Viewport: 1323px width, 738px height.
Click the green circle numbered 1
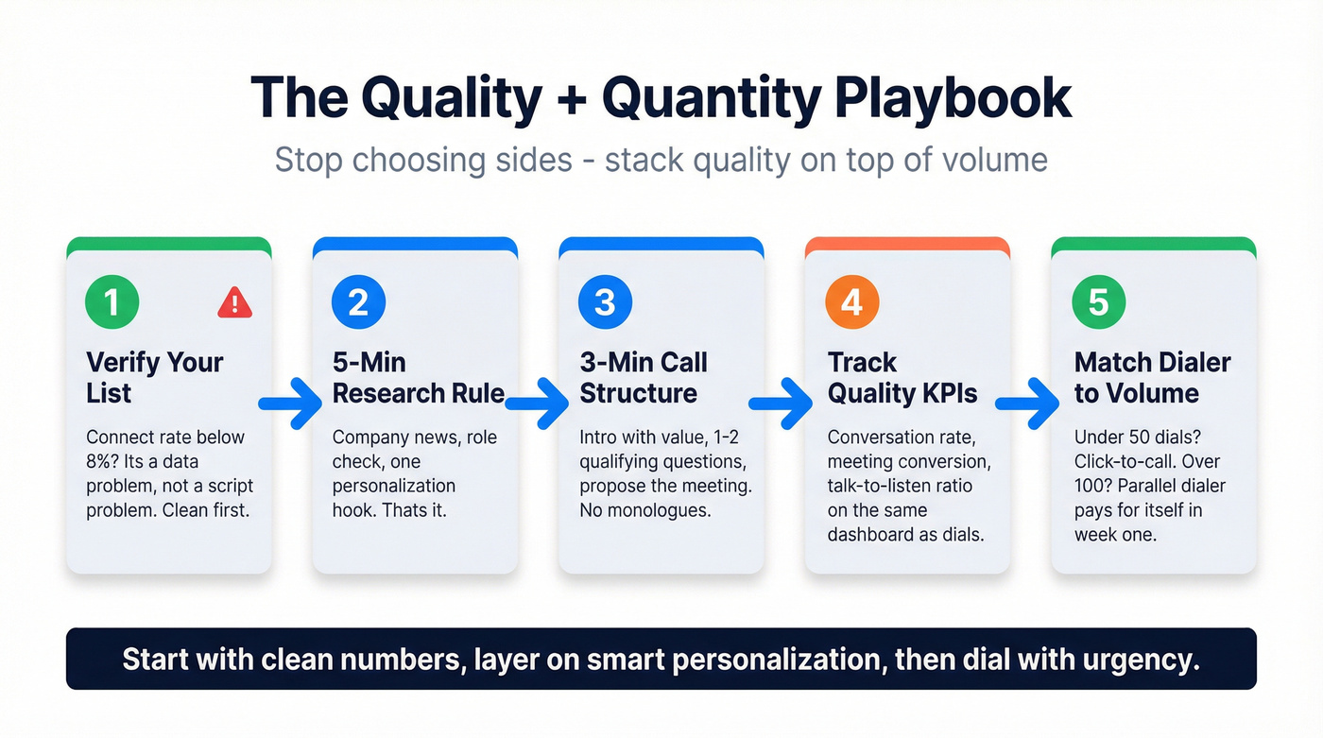click(x=112, y=302)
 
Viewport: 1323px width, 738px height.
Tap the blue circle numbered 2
click(x=358, y=302)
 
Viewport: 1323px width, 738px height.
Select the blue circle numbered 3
click(x=605, y=302)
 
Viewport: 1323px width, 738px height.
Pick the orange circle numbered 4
click(x=851, y=302)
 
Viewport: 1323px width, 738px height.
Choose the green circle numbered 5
click(x=1098, y=302)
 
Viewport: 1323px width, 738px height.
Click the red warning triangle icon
click(x=234, y=303)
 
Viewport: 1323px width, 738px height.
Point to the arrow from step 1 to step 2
click(x=291, y=404)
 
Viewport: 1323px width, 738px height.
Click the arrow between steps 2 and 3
click(x=538, y=404)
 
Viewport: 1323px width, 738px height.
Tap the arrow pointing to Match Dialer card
click(x=1028, y=404)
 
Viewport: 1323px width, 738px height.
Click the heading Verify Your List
click(x=154, y=377)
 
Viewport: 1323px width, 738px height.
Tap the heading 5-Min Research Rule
click(x=418, y=377)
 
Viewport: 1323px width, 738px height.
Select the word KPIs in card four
click(x=945, y=393)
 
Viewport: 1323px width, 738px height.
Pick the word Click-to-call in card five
click(x=1121, y=461)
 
